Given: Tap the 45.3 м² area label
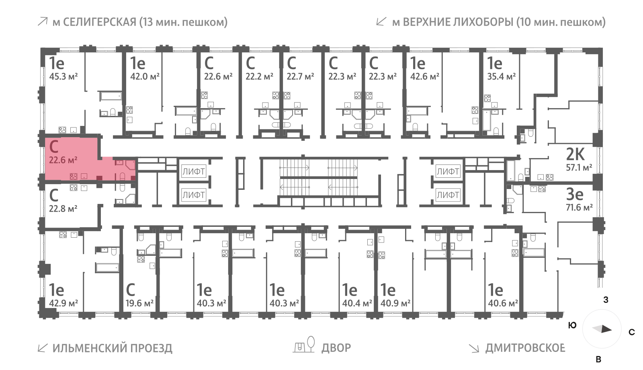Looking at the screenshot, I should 63,76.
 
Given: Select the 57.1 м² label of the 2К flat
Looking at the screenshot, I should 579,167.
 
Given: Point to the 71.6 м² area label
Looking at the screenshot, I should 579,208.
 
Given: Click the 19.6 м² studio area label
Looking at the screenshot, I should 139,303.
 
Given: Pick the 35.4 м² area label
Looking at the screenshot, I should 501,76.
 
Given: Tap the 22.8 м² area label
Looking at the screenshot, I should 63,209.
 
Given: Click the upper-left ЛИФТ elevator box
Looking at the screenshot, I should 193,172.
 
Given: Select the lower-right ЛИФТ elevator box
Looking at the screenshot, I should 448,195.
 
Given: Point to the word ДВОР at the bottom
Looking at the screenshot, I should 336,347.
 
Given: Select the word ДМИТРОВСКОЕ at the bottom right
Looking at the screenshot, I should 525,347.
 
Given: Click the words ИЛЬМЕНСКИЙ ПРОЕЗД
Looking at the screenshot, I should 112,348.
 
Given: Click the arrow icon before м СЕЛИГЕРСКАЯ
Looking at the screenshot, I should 42,22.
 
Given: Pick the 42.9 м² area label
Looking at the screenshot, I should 63,303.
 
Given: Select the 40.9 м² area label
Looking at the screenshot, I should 395,303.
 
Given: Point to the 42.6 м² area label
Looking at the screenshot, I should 424,76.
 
